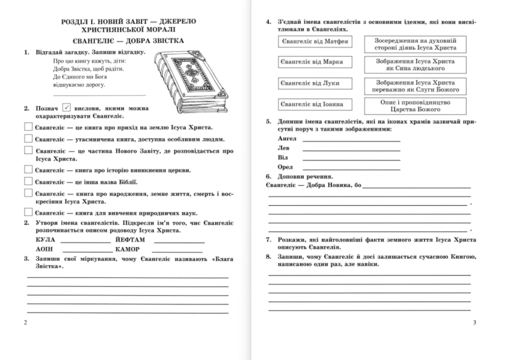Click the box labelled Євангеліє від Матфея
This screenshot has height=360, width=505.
point(315,42)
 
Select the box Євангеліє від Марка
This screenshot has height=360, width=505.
point(315,63)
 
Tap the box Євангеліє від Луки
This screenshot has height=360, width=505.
point(314,83)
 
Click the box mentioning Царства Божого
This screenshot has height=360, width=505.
point(416,104)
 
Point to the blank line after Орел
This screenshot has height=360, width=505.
point(351,168)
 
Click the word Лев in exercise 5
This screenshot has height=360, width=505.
point(283,147)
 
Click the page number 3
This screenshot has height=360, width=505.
point(473,324)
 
